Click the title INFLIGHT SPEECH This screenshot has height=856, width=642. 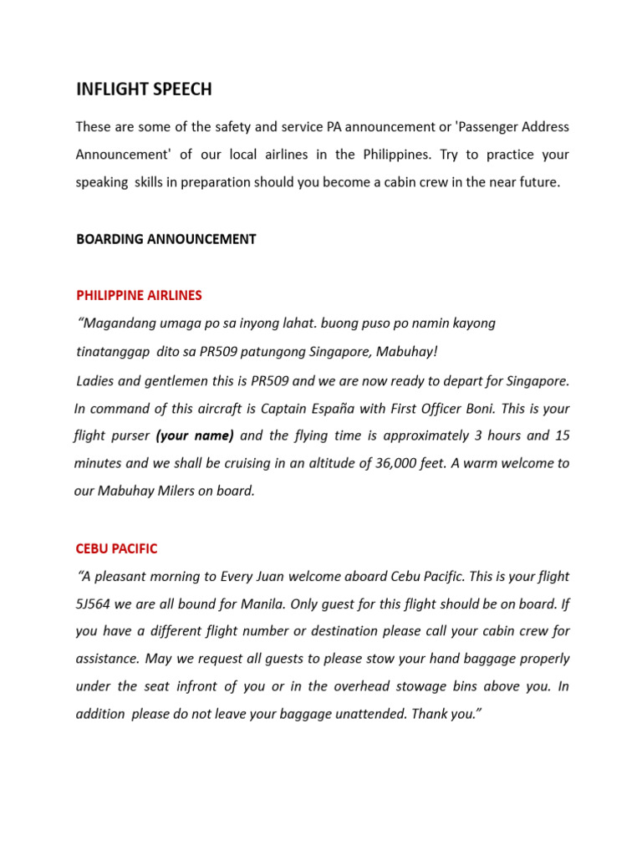(x=143, y=88)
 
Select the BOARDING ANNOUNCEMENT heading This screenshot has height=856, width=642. (x=166, y=239)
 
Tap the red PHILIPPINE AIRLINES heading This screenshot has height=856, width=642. (x=139, y=295)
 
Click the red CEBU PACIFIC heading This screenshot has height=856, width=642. (x=116, y=549)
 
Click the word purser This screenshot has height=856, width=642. (x=129, y=436)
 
